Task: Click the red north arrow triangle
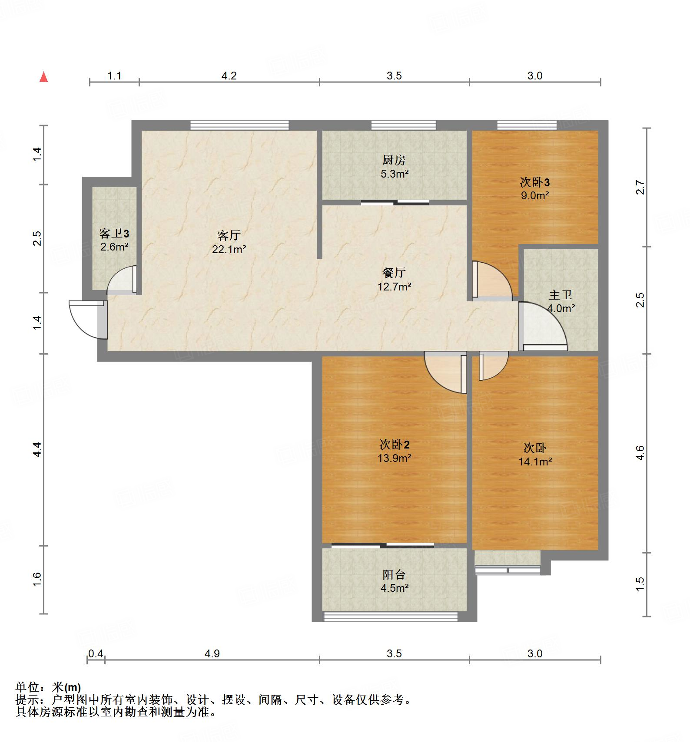pos(43,77)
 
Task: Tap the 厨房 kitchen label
pos(394,160)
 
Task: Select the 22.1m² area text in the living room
pos(229,249)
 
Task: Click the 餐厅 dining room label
pos(394,273)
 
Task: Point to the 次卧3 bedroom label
pos(534,182)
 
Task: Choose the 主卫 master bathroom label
pos(561,295)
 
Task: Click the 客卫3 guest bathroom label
pos(114,234)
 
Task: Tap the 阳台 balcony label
pos(394,575)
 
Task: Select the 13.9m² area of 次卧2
pos(394,458)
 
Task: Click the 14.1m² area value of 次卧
pos(535,462)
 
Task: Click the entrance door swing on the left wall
pos(87,319)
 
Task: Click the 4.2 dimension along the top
pos(229,76)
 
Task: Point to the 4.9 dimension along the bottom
pos(212,653)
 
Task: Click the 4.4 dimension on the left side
pos(37,449)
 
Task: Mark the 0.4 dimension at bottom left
pos(96,653)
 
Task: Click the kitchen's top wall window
pos(403,125)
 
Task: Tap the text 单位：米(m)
pos(48,687)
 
